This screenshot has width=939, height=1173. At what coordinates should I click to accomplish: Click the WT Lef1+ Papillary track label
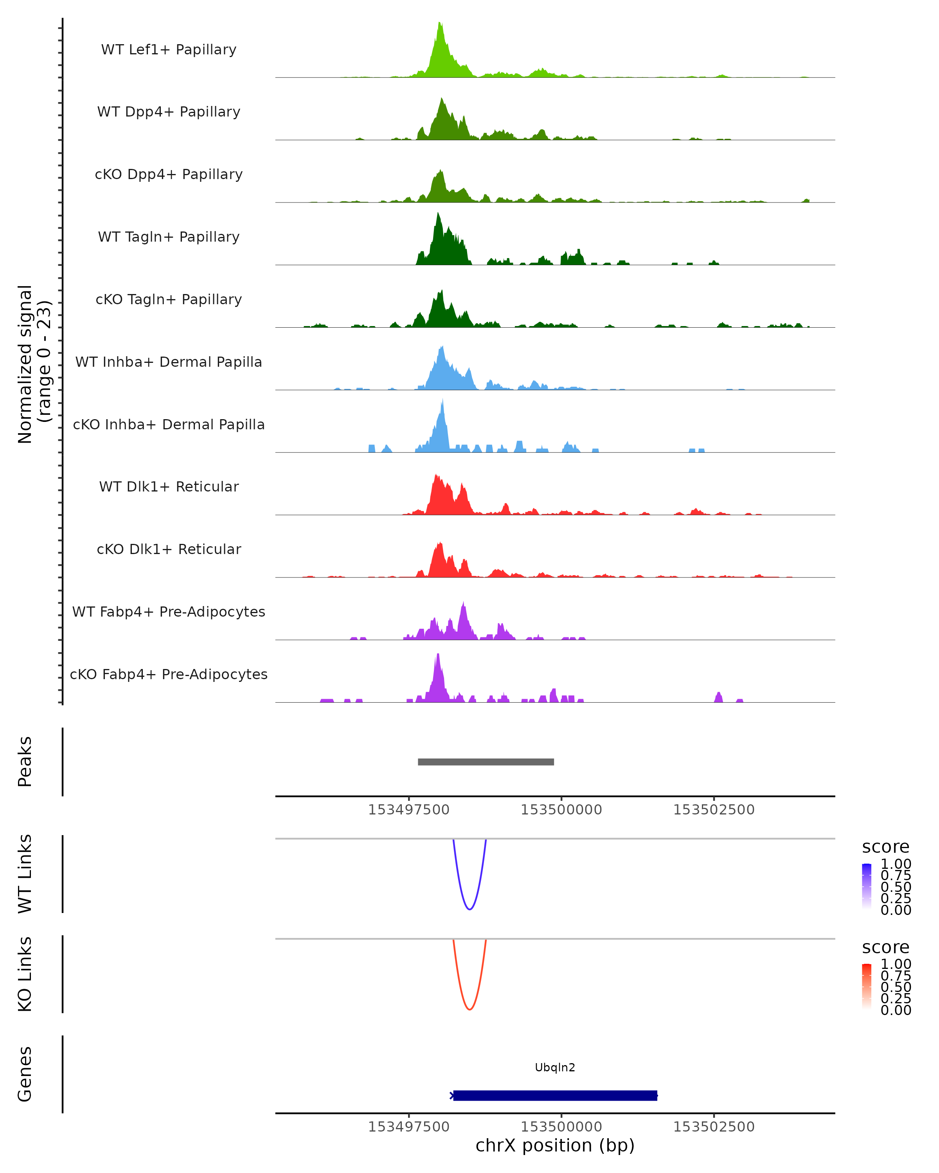point(169,50)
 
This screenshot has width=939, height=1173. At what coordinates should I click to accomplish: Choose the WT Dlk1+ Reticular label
point(169,486)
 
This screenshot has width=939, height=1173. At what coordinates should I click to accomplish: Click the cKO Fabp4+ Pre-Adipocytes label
point(169,674)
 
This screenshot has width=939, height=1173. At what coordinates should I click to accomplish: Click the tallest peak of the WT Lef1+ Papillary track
point(440,25)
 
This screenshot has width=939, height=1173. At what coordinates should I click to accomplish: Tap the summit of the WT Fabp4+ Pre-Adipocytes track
point(463,604)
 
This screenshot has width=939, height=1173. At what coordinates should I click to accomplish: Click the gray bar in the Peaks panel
point(486,762)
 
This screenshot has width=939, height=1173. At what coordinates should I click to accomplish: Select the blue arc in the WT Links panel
point(469,909)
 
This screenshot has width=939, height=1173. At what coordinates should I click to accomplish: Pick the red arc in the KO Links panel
point(469,1009)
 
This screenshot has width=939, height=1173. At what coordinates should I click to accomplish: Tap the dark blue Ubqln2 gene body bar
point(555,1095)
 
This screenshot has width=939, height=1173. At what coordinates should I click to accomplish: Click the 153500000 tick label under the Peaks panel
point(561,810)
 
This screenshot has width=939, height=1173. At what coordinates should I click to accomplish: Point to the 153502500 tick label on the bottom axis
point(714,1127)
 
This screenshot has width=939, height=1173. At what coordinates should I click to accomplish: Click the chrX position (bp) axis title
point(555,1146)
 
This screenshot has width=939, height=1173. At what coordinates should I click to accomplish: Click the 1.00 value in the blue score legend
point(896,864)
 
